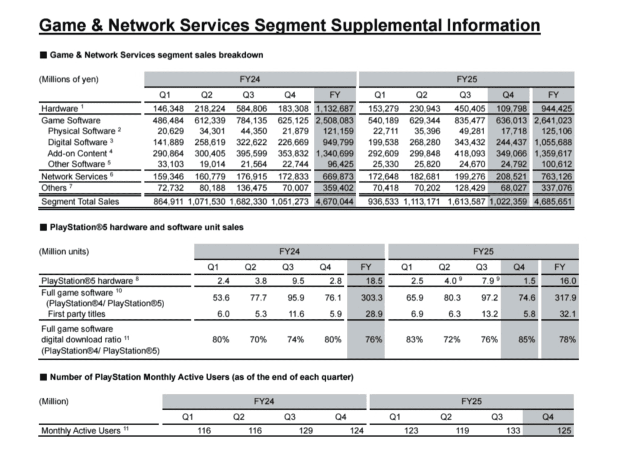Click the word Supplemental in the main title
pos(386,25)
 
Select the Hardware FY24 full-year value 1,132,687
pos(334,109)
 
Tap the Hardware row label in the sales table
pos(60,109)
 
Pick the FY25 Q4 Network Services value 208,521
pos(511,177)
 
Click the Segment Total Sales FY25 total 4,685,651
pos(553,202)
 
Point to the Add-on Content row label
pos(77,153)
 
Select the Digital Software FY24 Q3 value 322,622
pos(251,142)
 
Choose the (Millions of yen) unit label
pos(69,79)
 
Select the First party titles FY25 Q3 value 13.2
pos(489,314)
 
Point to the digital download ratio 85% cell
pos(526,339)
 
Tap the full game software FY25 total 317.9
pos(565,298)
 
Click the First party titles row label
pos(77,314)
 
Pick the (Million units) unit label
pos(64,252)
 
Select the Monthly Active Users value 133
pos(513,431)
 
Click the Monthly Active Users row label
pos(80,431)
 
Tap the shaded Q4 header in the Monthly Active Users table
pos(548,417)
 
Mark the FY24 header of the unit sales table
pos(289,252)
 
